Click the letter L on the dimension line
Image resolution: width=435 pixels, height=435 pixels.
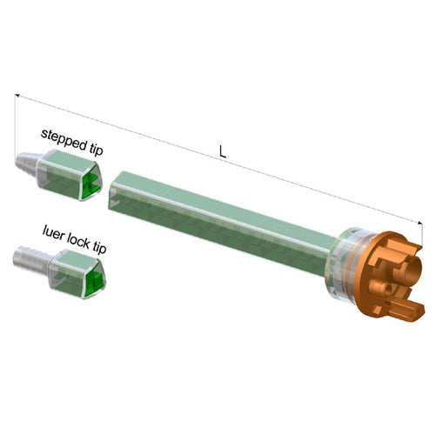(x=223, y=150)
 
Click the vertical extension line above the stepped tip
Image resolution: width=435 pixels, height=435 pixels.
(x=15, y=122)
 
